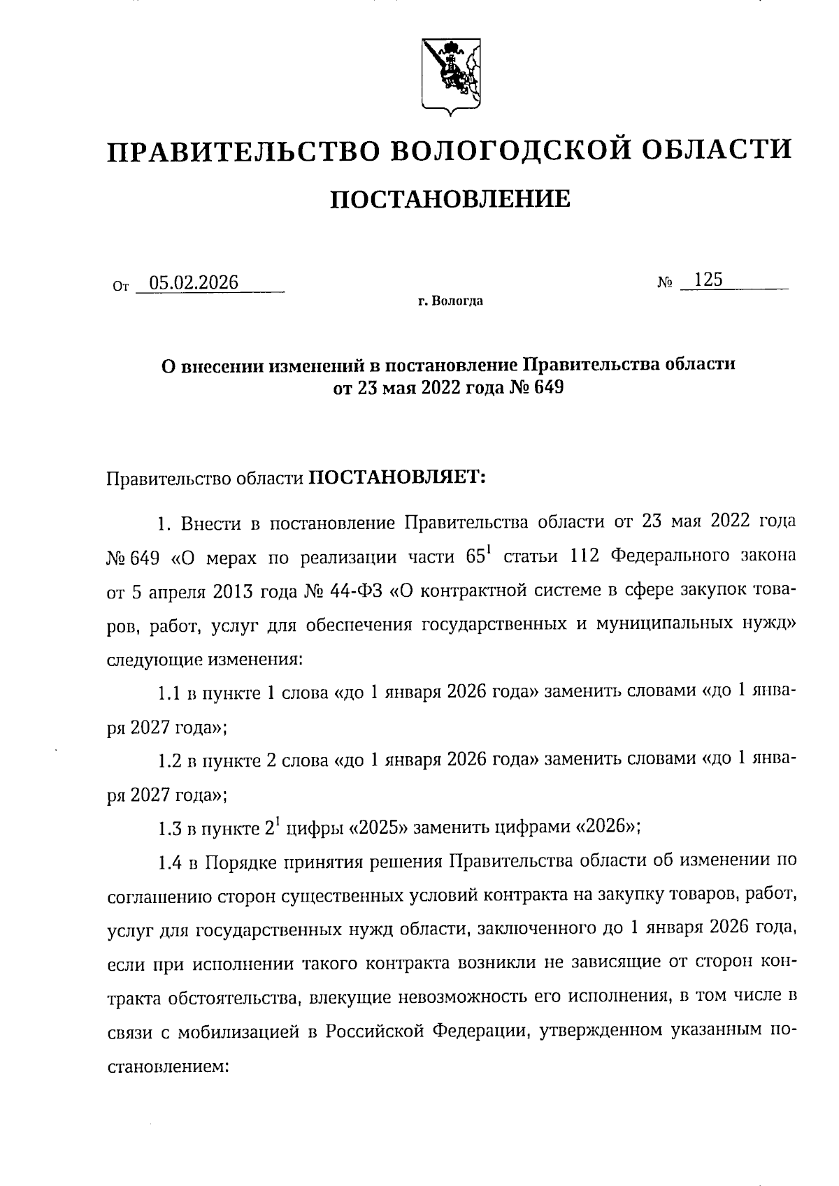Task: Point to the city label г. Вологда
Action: pos(450,302)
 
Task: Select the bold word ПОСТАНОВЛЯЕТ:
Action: pos(397,478)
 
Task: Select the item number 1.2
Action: pos(171,760)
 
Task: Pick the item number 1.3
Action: pos(171,829)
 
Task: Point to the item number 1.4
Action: pos(171,862)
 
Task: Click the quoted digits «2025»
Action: pos(378,828)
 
